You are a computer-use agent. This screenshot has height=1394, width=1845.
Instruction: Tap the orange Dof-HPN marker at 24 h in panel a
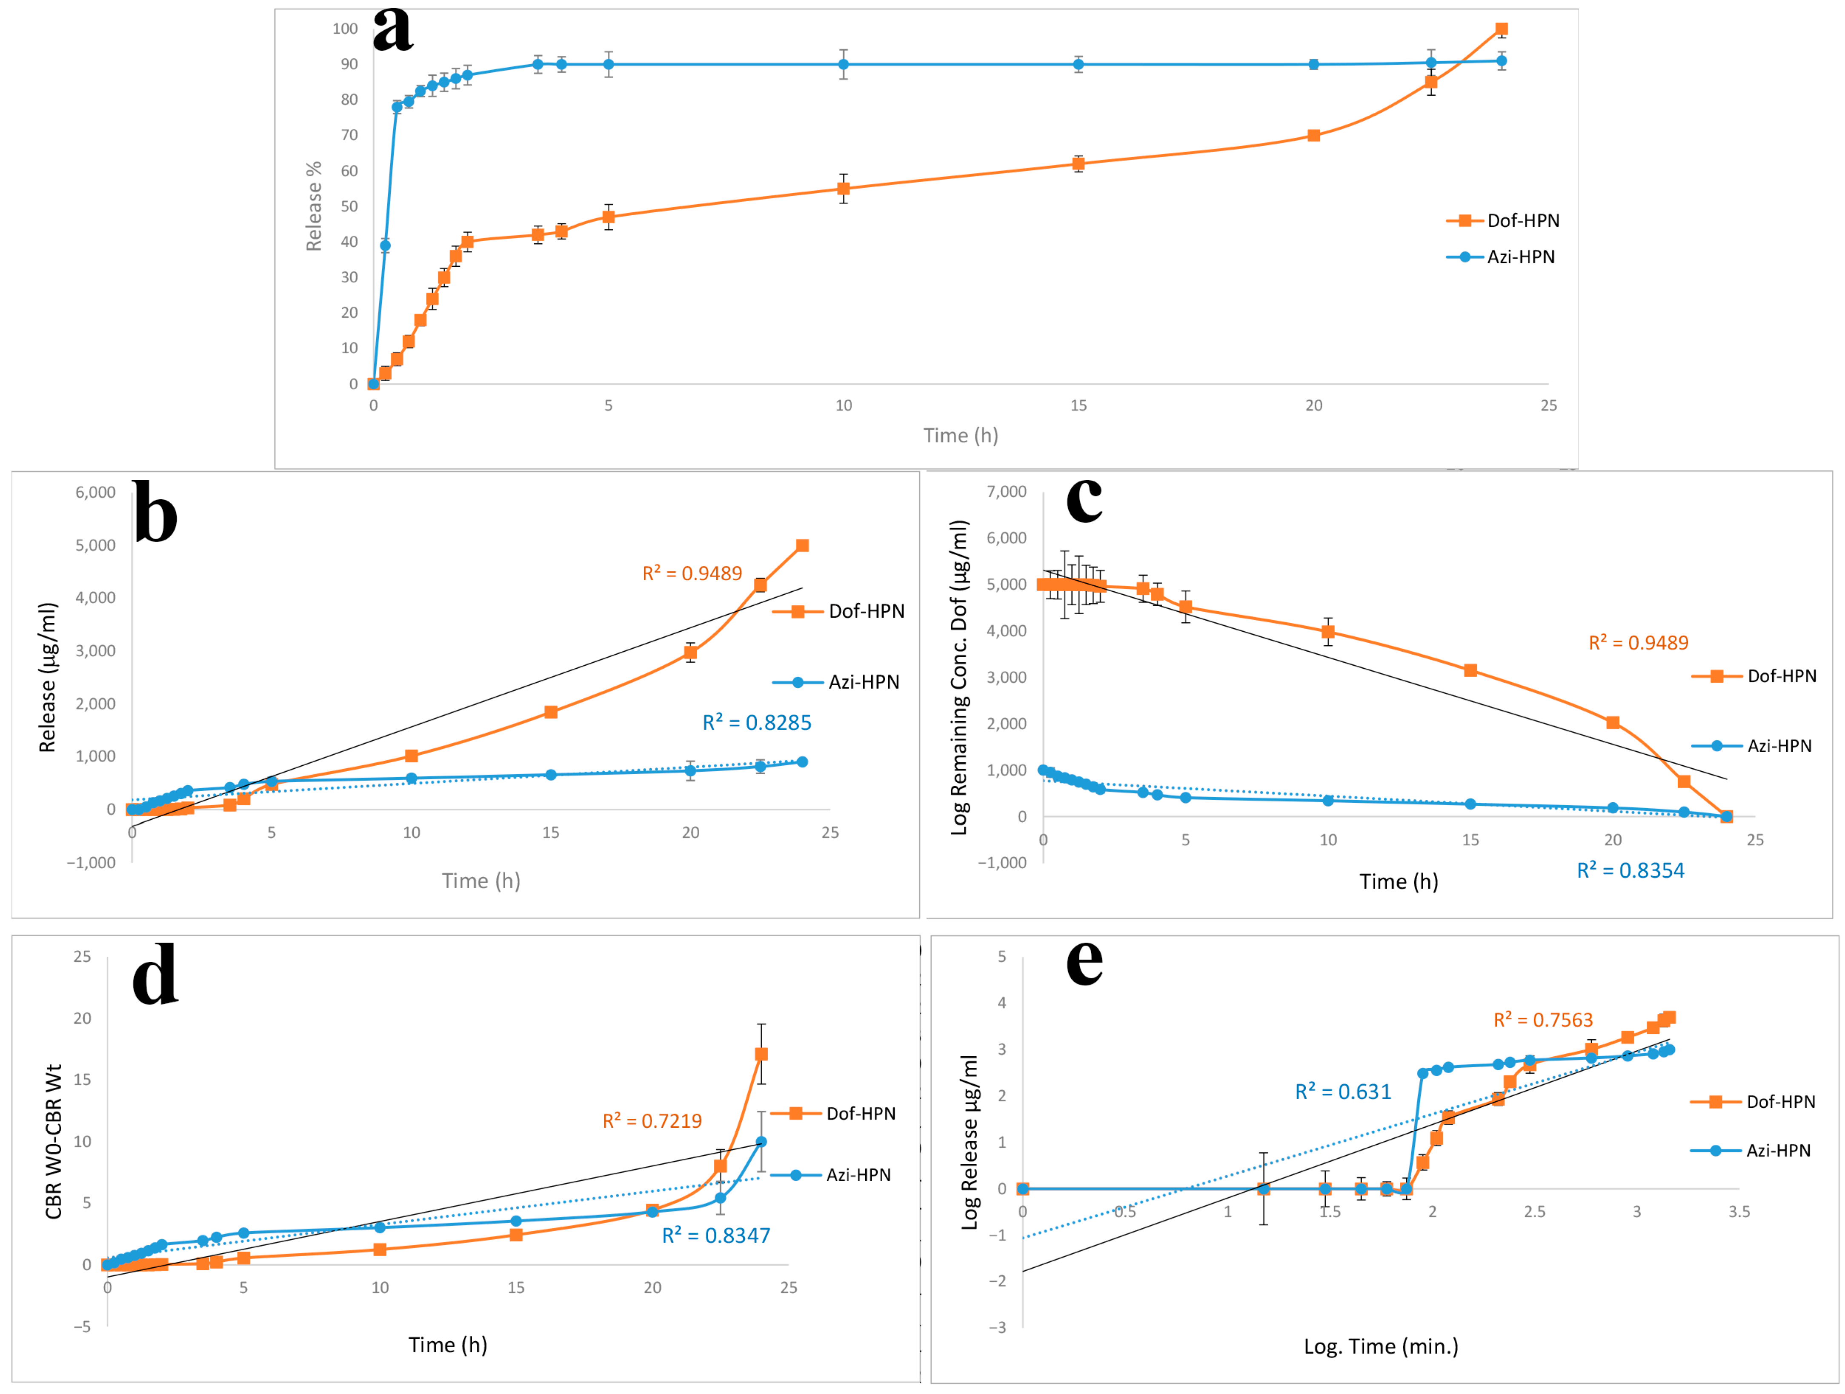(x=1502, y=29)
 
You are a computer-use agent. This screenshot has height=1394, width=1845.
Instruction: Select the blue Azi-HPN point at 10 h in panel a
(x=843, y=64)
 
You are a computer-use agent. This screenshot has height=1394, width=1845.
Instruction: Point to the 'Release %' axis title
(x=314, y=206)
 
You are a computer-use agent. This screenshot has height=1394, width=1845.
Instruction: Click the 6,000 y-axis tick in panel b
(x=95, y=492)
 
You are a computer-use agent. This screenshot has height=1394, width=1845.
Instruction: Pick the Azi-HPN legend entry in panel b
(x=863, y=682)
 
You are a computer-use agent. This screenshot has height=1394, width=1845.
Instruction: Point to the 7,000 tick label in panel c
(x=1007, y=492)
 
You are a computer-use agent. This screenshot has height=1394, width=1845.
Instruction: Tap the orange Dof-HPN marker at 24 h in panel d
(x=761, y=1055)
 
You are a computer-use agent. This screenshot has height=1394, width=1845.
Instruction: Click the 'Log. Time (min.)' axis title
(x=1381, y=1346)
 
